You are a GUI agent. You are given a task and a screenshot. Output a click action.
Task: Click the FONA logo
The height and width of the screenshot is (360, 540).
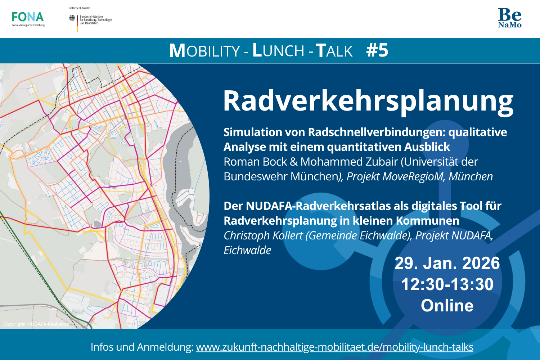(28, 19)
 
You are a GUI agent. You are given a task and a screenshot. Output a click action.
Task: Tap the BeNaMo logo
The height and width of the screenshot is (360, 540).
(510, 18)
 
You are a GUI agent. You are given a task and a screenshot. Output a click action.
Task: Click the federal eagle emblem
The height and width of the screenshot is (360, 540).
(72, 18)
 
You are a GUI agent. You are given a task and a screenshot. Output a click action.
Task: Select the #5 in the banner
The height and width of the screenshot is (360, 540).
(377, 51)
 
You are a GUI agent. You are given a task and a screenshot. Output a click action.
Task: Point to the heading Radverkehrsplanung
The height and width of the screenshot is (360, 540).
(368, 101)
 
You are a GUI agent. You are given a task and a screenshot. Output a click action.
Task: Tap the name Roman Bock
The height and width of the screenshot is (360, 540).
(255, 162)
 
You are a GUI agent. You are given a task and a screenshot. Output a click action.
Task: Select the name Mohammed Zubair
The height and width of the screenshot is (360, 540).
(349, 162)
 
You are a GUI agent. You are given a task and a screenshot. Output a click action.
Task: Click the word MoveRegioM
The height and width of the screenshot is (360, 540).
(413, 176)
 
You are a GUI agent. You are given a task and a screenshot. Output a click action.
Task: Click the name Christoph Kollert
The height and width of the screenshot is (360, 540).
(263, 236)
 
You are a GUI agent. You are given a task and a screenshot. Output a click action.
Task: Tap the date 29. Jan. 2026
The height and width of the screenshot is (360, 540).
(447, 263)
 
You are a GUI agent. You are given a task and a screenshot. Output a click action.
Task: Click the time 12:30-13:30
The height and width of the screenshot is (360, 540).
(447, 284)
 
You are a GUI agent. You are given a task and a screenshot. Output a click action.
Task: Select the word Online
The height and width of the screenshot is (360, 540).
(447, 306)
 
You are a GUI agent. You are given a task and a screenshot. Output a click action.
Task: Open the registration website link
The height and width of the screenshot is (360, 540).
(334, 347)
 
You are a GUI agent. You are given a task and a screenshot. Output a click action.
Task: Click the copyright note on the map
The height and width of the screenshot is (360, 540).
(36, 324)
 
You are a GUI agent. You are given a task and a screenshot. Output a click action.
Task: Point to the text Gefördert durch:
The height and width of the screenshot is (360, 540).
(79, 8)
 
